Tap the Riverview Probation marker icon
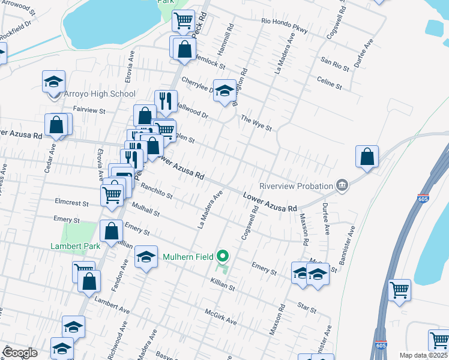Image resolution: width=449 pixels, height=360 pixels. coord(342,185)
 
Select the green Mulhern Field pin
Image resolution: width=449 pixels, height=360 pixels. coord(223,257)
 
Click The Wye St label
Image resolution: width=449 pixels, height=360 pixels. coord(256,123)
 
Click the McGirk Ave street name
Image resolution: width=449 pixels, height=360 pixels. coord(221,317)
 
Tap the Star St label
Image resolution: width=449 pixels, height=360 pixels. coord(307,308)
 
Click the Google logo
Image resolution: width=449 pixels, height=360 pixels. coord(20,353)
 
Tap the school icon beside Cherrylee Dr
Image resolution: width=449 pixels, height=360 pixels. coord(224,91)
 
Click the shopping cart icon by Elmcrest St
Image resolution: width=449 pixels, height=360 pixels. coord(112,194)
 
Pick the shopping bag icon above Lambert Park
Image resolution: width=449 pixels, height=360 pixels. coord(112,231)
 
